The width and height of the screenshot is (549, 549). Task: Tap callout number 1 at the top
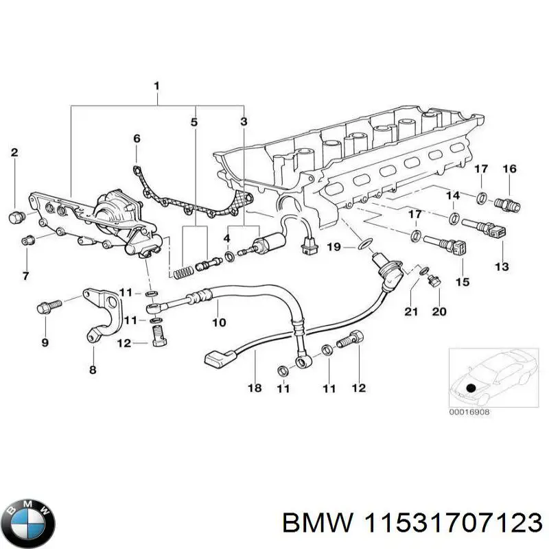(156, 86)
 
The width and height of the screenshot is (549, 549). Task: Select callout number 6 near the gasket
(137, 139)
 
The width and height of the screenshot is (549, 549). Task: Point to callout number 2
(14, 152)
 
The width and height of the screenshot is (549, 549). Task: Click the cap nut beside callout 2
(15, 218)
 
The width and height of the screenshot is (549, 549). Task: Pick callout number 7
(25, 276)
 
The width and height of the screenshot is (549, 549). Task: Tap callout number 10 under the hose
(218, 322)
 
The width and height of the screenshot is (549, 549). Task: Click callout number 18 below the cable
(254, 388)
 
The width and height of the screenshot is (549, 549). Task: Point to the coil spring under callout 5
(181, 271)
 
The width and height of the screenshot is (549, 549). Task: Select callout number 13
(502, 266)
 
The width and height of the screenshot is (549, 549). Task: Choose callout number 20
(439, 312)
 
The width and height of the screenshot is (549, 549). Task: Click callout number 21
(410, 313)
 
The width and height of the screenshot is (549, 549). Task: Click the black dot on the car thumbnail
(471, 388)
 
